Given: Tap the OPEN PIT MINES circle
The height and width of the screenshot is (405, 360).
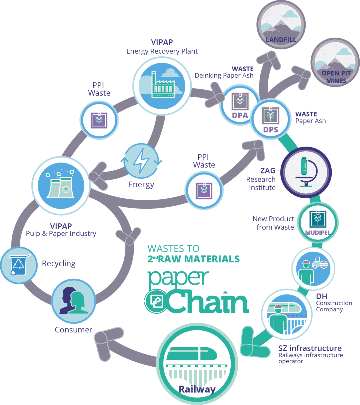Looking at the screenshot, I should [x=335, y=63].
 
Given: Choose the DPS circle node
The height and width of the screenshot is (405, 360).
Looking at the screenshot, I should [x=270, y=119].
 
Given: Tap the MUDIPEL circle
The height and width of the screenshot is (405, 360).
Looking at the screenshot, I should [x=317, y=222].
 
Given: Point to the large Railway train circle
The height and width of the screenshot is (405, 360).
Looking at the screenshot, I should [x=197, y=364].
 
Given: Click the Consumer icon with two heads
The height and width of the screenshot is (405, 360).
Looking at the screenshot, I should [x=74, y=301].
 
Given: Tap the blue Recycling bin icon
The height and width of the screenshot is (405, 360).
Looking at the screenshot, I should [x=18, y=265].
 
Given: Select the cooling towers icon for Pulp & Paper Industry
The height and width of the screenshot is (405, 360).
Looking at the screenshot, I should [x=61, y=185].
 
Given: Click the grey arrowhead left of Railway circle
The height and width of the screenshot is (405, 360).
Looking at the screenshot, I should [x=105, y=345].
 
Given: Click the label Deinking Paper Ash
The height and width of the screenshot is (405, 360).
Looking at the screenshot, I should [x=224, y=76].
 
